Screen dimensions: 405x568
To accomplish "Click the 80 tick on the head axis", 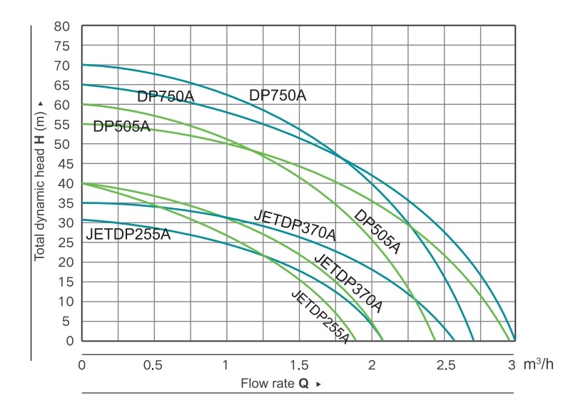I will click(x=61, y=26).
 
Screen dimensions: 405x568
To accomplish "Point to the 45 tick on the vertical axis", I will click(x=61, y=164).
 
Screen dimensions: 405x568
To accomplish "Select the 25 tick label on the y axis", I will click(x=61, y=242).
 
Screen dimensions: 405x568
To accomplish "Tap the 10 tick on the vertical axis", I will click(x=61, y=302).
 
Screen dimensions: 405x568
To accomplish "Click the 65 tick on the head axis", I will click(x=61, y=85).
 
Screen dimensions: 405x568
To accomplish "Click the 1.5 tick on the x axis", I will click(x=298, y=365).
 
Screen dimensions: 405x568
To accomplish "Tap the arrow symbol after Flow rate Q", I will click(x=319, y=384).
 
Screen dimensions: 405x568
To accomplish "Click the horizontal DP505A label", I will click(x=121, y=127).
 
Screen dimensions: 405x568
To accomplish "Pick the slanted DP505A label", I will click(x=377, y=232).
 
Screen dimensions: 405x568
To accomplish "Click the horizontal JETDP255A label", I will click(x=128, y=235).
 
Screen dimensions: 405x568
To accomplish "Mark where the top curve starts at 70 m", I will click(x=83, y=65).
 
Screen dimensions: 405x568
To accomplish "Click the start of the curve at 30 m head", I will click(x=83, y=220).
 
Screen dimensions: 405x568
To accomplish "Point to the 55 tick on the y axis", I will click(x=61, y=125).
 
